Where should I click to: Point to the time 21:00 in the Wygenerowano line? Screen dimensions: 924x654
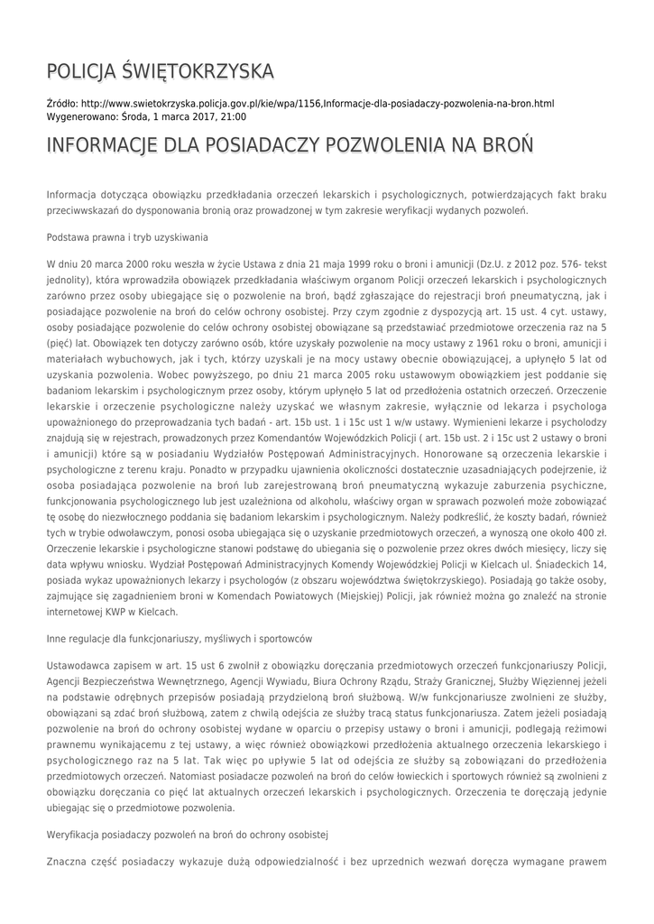coord(234,117)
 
